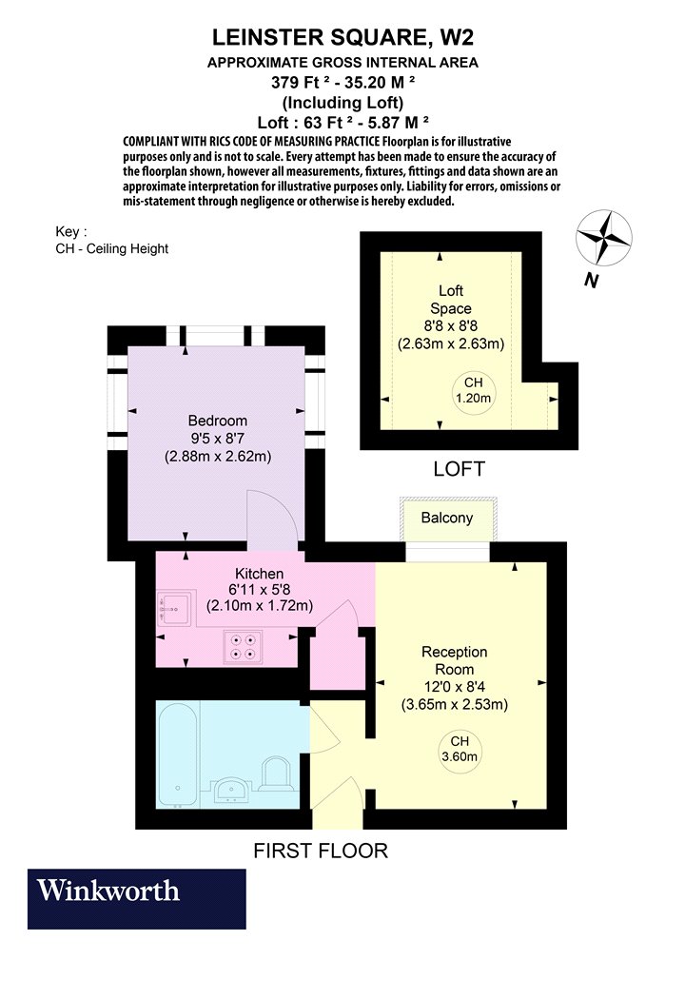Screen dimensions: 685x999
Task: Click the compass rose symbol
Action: point(604,238)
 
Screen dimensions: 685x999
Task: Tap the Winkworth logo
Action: point(136,898)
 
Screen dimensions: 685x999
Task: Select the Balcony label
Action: point(447,518)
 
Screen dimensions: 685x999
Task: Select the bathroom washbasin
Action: point(230,791)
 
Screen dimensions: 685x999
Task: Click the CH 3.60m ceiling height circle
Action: point(460,750)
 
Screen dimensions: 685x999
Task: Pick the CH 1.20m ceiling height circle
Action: point(474,390)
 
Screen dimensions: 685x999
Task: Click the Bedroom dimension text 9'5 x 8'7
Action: point(217,439)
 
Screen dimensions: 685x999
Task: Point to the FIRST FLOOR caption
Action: point(321,851)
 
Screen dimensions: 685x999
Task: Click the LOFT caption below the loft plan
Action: point(459,469)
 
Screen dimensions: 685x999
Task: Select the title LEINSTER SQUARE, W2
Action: point(342,38)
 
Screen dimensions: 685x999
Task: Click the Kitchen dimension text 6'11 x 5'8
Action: point(260,589)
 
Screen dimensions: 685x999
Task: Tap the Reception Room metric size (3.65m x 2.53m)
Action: point(455,705)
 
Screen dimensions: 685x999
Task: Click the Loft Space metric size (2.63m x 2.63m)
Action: point(451,344)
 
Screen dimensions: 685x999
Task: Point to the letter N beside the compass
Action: point(592,281)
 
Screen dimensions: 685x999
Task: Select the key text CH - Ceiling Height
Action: point(112,248)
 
